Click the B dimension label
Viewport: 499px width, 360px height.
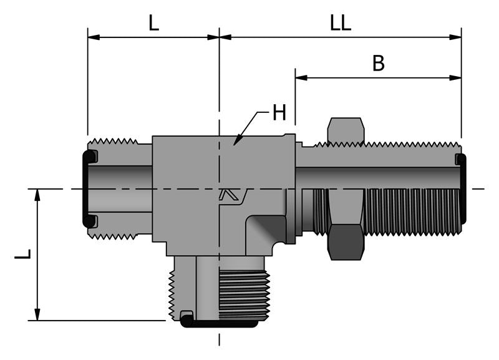tap(378, 64)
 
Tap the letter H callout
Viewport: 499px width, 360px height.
tap(279, 113)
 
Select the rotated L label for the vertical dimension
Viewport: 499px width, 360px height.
tap(22, 255)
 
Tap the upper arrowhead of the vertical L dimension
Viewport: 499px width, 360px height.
tap(37, 194)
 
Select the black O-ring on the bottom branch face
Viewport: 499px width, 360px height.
tap(219, 324)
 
